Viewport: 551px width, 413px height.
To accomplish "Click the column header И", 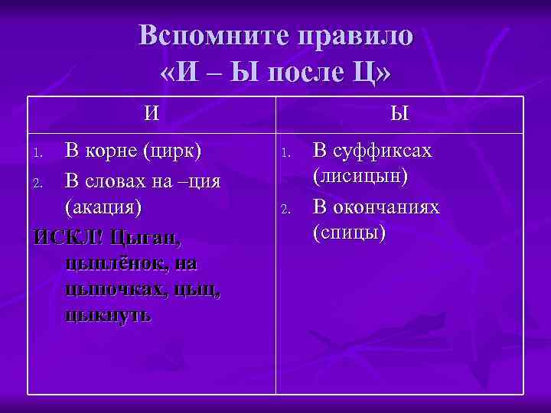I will [x=152, y=114].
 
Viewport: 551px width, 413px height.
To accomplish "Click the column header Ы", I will [x=399, y=114].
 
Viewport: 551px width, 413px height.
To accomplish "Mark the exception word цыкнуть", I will [x=109, y=314].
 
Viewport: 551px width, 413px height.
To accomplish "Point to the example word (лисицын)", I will [x=360, y=177].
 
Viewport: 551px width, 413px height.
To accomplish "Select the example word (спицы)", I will [x=349, y=233].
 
